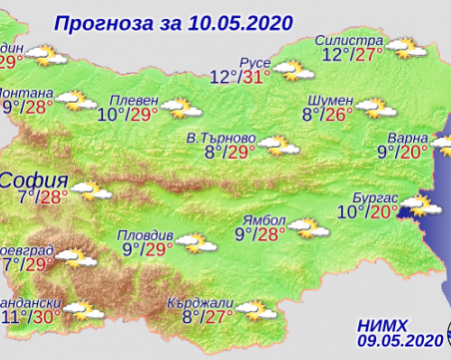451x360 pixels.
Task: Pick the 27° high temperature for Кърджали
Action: point(225,319)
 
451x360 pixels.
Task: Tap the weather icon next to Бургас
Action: point(415,205)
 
